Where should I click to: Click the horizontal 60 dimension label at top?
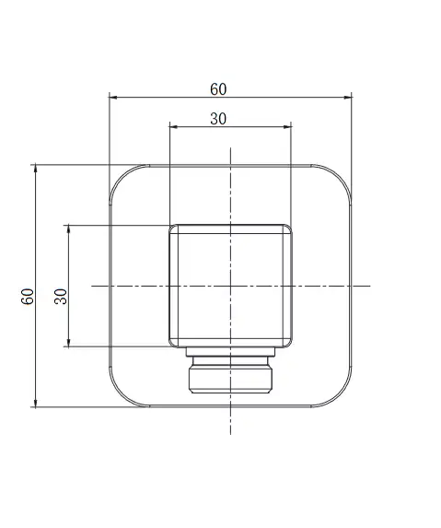coord(218,89)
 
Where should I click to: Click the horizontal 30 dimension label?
coord(218,119)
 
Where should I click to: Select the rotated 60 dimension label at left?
coord(28,297)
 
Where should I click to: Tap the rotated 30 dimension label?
coord(61,297)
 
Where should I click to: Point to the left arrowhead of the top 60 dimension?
coord(113,98)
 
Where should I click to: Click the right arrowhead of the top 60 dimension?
coord(347,98)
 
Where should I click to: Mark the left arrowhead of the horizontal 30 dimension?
coord(174,127)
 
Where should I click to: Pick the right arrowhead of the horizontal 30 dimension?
coord(287,127)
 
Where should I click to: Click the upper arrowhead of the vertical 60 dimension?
coord(36,170)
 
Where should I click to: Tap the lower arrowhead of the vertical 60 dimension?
coord(36,403)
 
